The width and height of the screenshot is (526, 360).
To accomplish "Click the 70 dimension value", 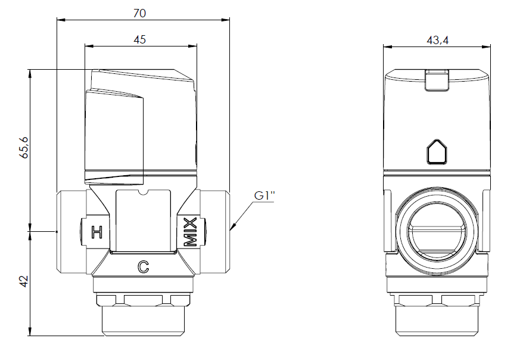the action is point(139,13).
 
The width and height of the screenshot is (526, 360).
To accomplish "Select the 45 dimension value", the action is point(139,39).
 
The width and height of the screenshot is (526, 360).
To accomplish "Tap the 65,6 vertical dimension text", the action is point(24,147).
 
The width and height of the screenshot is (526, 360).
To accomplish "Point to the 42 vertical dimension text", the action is point(24,281).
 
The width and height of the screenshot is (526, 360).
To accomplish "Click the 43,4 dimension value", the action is point(437,41).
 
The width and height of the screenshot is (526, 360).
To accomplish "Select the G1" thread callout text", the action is point(264,195).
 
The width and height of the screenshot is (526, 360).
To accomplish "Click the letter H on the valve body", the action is point(97,232).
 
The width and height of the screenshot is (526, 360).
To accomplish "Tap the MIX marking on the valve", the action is point(190,232).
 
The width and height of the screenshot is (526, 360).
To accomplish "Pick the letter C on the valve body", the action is point(143,267).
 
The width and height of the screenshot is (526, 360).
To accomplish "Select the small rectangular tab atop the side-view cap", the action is point(437,80).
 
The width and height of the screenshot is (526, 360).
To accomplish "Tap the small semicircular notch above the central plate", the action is point(143,193).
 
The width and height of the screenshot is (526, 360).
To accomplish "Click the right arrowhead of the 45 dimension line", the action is point(193,46).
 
